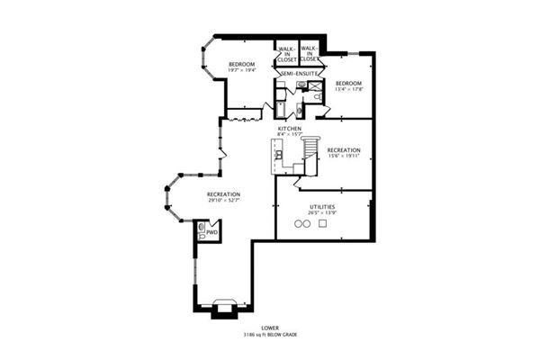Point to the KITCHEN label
(x=289, y=130)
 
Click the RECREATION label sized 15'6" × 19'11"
(x=344, y=150)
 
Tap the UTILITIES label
(x=322, y=207)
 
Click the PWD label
(x=211, y=232)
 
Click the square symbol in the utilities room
(x=322, y=224)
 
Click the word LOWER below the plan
(x=270, y=328)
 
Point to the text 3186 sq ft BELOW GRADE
(x=270, y=335)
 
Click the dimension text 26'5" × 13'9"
(x=322, y=213)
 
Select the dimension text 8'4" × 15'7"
(x=289, y=136)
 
